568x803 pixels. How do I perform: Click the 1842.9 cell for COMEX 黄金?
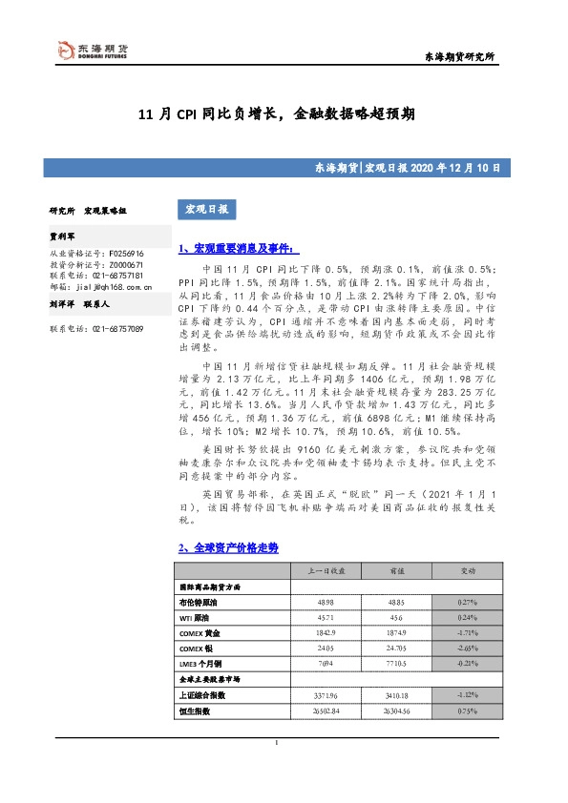tap(326, 633)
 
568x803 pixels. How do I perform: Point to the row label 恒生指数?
tap(195, 711)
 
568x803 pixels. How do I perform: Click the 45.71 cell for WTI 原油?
tap(326, 618)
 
